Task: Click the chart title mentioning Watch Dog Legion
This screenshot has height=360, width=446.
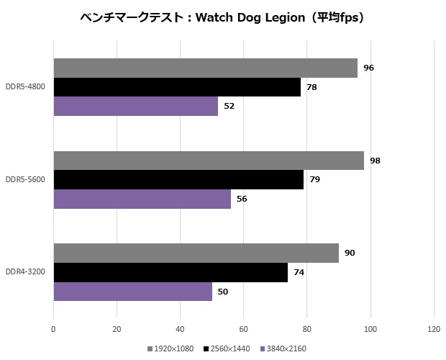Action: (x=222, y=18)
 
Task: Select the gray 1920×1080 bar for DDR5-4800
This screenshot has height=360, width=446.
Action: (x=205, y=68)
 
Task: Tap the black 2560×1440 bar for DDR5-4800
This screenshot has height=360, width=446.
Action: (x=177, y=87)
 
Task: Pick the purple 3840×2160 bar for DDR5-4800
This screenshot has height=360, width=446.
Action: (x=135, y=106)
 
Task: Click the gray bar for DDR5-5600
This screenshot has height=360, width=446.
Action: (x=209, y=161)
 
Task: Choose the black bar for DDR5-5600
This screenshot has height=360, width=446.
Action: (x=178, y=179)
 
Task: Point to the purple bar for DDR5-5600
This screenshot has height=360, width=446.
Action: (x=142, y=199)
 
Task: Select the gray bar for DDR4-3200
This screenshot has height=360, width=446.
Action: (x=196, y=253)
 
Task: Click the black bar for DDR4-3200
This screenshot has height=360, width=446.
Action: (x=170, y=272)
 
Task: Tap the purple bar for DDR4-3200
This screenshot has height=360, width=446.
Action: (x=132, y=292)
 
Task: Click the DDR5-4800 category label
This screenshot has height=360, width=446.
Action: (x=25, y=87)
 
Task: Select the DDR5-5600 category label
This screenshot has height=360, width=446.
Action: (x=25, y=179)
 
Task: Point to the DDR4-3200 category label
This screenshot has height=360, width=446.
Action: (x=25, y=272)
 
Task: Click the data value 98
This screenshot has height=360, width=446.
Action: (x=375, y=161)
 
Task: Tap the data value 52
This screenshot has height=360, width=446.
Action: (x=229, y=106)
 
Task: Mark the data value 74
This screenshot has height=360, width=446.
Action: (x=299, y=272)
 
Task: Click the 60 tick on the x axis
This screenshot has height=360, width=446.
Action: (x=243, y=329)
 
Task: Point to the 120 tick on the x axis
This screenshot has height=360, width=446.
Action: (x=433, y=329)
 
